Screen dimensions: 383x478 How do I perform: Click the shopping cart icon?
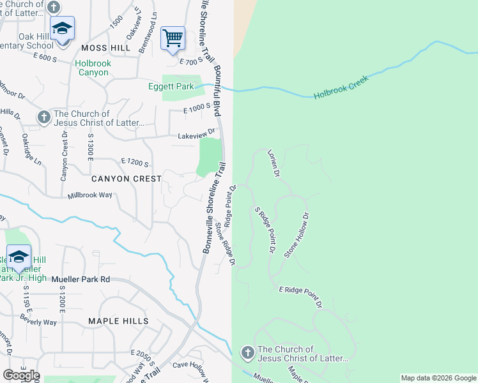point(173,38)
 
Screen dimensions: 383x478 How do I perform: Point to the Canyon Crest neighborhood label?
point(127,179)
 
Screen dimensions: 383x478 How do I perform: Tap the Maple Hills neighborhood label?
point(118,321)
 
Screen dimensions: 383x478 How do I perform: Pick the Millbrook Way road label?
point(90,194)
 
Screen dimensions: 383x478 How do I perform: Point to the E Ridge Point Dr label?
point(300,297)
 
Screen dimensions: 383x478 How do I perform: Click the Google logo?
point(20,375)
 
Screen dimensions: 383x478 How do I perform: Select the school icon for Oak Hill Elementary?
point(62,29)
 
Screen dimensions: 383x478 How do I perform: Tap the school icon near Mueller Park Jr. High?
point(19,257)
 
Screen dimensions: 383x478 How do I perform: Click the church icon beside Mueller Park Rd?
point(247,352)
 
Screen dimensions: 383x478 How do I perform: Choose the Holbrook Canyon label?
point(93,68)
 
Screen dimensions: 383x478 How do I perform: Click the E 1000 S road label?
point(197,110)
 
